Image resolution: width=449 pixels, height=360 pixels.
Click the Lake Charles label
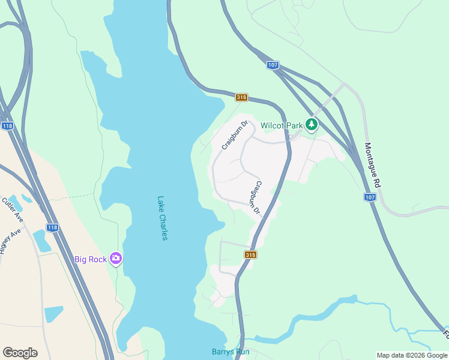161,218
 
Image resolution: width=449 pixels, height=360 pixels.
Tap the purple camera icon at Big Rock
116,259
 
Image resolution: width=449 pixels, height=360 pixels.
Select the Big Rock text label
90,259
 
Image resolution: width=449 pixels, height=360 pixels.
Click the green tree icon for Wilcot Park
311,125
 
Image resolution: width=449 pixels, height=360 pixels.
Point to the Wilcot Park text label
282,125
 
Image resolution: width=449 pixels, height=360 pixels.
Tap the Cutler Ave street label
12,209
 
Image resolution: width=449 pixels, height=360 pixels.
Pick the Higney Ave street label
10,240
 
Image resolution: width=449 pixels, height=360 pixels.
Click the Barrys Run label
231,352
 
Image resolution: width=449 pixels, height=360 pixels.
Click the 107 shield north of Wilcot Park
273,65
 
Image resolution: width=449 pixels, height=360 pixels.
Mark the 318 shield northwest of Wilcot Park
241,97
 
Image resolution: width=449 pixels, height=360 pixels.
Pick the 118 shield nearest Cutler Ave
53,227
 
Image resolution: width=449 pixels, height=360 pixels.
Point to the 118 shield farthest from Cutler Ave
7,125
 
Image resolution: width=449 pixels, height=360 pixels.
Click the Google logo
20,353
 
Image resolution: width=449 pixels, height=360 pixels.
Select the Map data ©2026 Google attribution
412,355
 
